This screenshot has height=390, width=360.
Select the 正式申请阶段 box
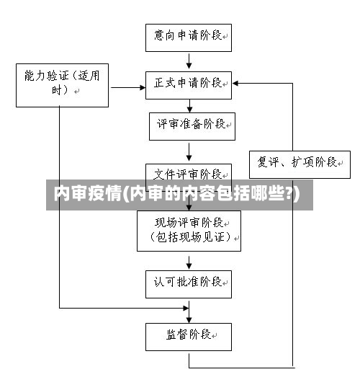[189, 84]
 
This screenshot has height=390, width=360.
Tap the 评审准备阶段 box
[191, 125]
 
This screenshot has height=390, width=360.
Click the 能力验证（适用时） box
[62, 84]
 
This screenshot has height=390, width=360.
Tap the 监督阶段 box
[189, 336]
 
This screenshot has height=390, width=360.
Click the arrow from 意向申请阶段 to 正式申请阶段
[189, 61]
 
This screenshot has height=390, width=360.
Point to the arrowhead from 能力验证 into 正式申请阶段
[140, 87]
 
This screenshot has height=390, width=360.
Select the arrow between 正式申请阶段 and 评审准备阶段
[189, 105]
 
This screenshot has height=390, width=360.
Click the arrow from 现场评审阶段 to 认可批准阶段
[189, 261]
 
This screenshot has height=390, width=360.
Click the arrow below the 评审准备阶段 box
[189, 152]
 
